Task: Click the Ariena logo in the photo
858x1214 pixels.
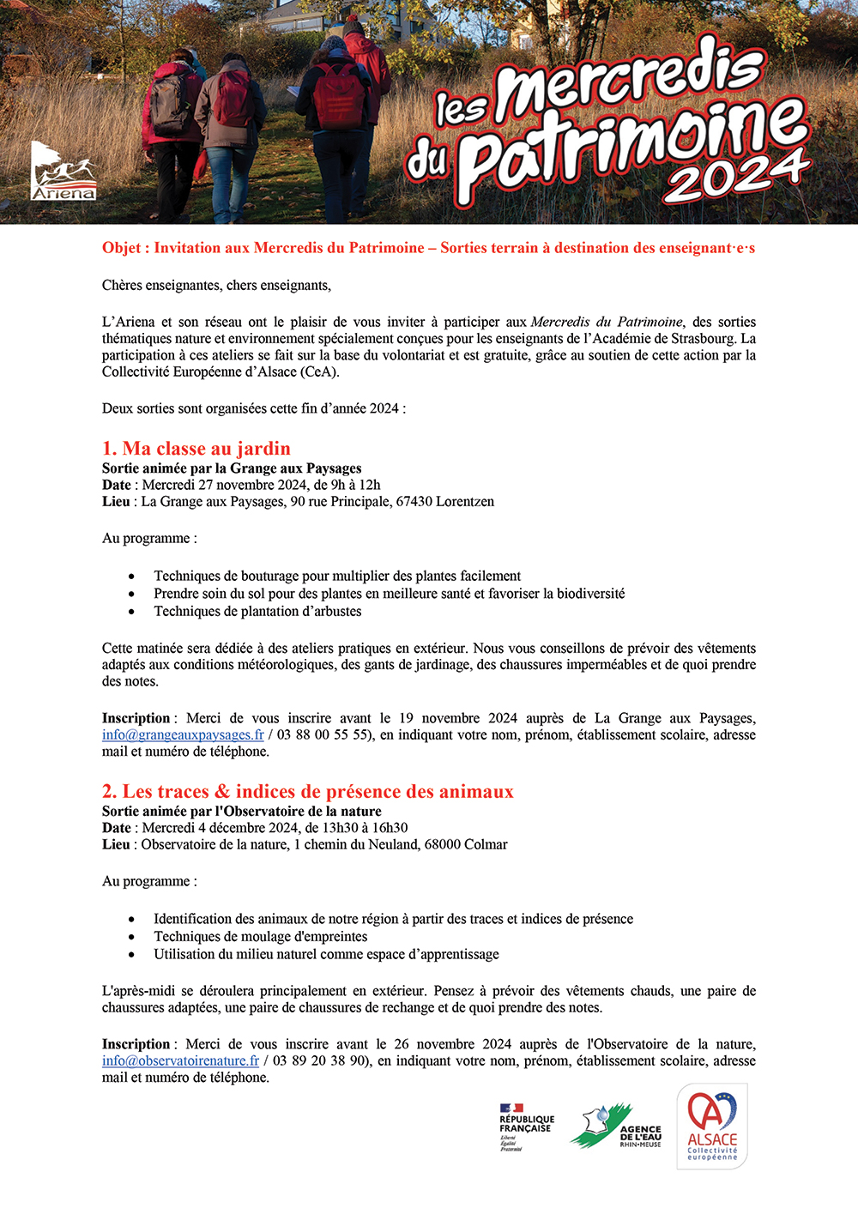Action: coord(63,172)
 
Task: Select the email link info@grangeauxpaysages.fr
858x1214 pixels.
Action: coord(183,735)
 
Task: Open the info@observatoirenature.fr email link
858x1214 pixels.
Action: coord(180,1061)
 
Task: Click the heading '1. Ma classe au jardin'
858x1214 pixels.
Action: coord(196,449)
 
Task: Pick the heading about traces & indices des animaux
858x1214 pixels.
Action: coord(308,792)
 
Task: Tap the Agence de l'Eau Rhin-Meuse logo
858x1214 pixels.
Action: coord(616,1127)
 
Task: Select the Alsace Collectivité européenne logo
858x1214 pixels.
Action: coord(712,1126)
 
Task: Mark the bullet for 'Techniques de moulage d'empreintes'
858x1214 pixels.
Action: coord(131,937)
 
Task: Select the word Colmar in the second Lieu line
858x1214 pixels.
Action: coord(486,845)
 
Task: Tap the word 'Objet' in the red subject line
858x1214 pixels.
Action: coord(121,249)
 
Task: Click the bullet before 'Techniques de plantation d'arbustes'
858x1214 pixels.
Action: coord(131,612)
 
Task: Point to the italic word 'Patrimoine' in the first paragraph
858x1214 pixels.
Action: coord(650,323)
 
